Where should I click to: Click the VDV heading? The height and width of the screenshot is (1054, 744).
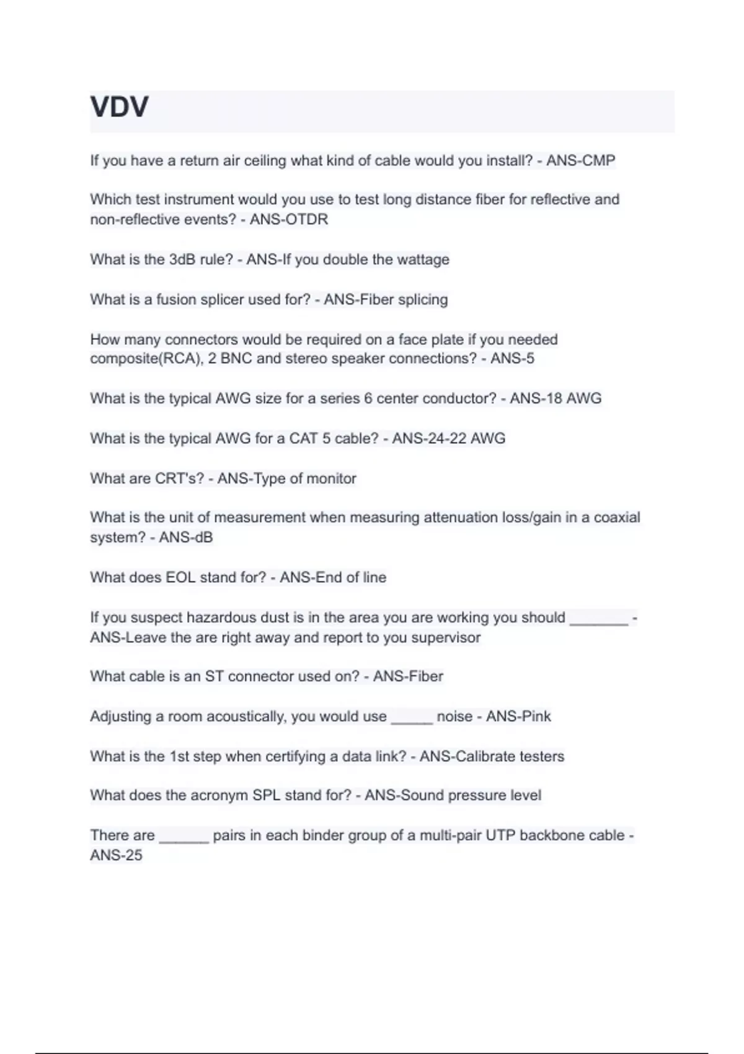[x=120, y=107]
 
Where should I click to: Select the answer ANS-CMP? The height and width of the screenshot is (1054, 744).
[x=580, y=161]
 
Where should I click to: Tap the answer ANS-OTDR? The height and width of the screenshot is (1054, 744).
[x=289, y=219]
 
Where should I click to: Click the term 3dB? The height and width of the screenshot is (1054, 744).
[x=182, y=259]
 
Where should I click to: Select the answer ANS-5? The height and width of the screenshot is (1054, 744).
[x=512, y=358]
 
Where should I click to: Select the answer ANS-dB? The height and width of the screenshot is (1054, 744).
[x=186, y=538]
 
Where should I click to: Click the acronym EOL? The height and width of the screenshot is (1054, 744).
[x=180, y=577]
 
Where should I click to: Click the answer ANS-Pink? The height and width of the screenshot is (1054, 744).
[x=518, y=717]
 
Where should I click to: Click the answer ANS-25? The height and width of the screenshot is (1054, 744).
[x=116, y=856]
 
